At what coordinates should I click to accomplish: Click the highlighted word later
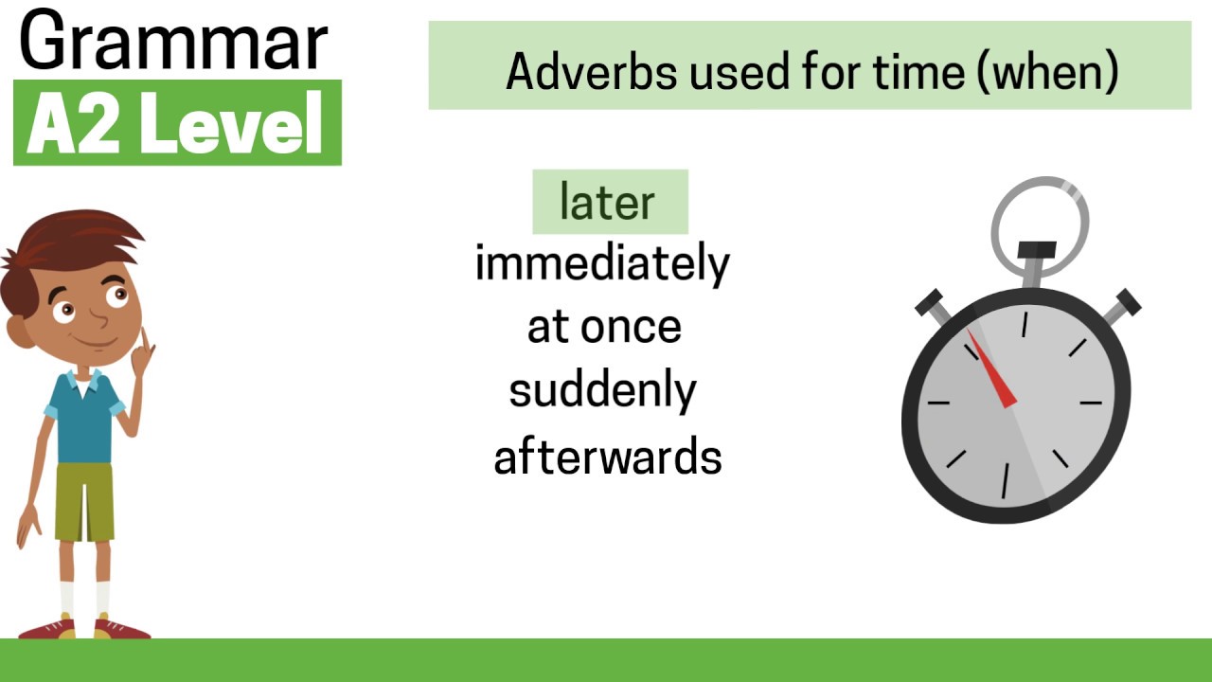pyautogui.click(x=608, y=202)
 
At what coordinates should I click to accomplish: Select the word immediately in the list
pyautogui.click(x=602, y=264)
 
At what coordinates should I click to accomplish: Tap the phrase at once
pyautogui.click(x=604, y=328)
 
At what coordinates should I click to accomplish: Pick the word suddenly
pyautogui.click(x=602, y=391)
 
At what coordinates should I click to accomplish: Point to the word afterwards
pyautogui.click(x=607, y=457)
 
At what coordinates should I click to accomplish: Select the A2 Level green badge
pyautogui.click(x=177, y=123)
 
